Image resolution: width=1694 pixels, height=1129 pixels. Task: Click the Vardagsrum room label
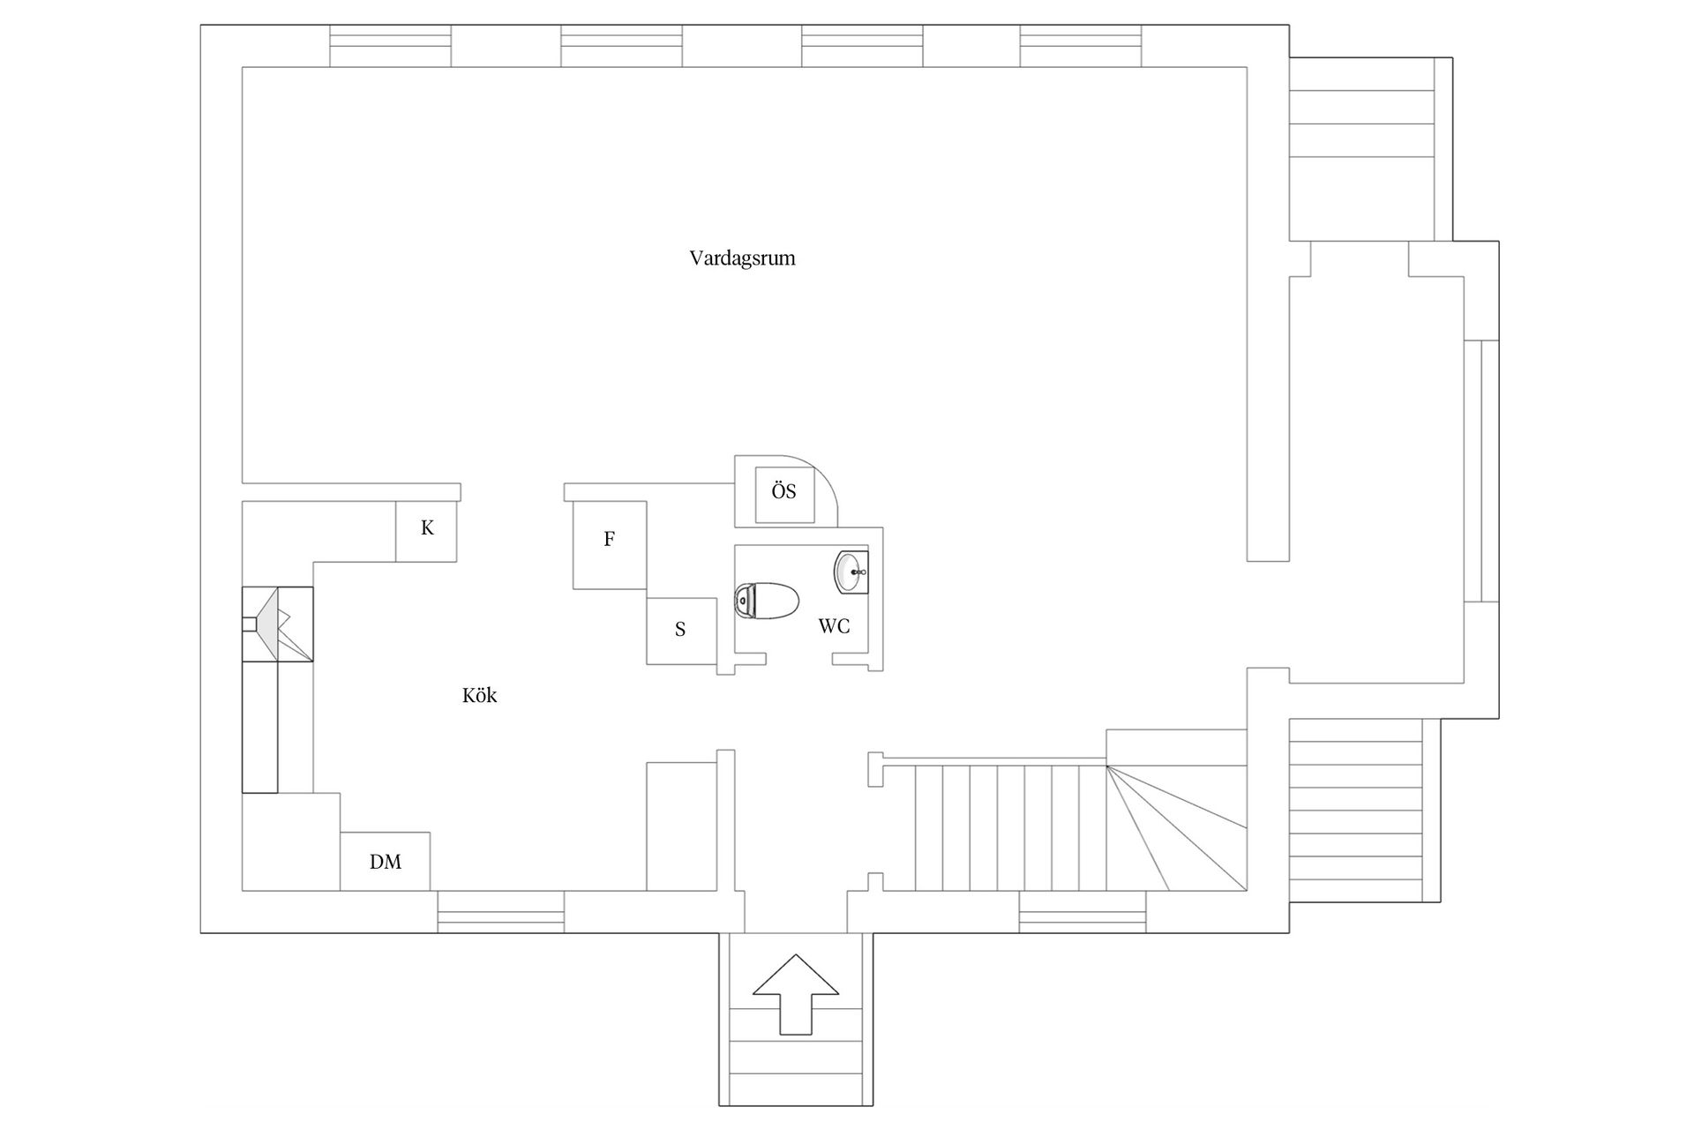(742, 258)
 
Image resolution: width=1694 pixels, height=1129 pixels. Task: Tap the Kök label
(479, 696)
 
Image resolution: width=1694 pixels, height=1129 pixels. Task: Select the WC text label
(834, 626)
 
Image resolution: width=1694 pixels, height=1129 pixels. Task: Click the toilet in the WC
(766, 601)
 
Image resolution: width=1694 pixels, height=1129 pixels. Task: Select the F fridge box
(610, 545)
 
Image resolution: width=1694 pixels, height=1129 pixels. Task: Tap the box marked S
(681, 631)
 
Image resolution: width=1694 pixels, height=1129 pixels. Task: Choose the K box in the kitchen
(426, 531)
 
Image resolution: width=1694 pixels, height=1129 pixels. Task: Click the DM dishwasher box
(386, 861)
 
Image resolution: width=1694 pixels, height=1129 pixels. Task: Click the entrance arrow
(796, 993)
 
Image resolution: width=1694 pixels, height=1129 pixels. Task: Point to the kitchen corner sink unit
(278, 624)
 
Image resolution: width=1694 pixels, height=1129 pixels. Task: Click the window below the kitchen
(501, 912)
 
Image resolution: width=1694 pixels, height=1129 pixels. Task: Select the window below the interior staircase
(1083, 912)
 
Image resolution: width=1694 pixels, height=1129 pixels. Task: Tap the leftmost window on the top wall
(391, 46)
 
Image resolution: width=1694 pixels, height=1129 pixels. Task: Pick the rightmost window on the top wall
(1081, 46)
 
